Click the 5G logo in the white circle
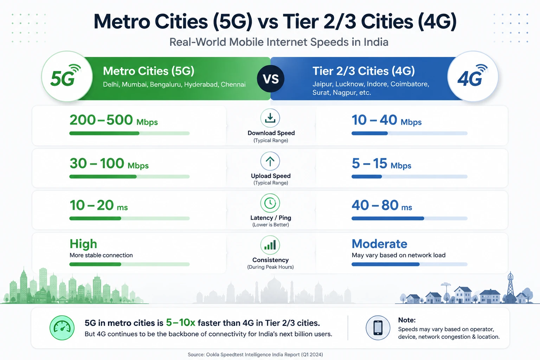pyautogui.click(x=65, y=76)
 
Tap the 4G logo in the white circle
pyautogui.click(x=472, y=76)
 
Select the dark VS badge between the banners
pyautogui.click(x=270, y=79)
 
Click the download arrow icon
pyautogui.click(x=270, y=118)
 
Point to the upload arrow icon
pyautogui.click(x=270, y=161)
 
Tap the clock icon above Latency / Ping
pyautogui.click(x=270, y=203)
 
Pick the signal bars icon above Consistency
pyautogui.click(x=270, y=245)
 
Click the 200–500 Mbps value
pyautogui.click(x=114, y=120)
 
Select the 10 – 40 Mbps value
pyautogui.click(x=386, y=120)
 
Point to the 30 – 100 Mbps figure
pyautogui.click(x=109, y=163)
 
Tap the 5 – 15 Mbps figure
pyautogui.click(x=381, y=163)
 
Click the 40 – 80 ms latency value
pyautogui.click(x=382, y=205)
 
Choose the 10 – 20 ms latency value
pyautogui.click(x=98, y=205)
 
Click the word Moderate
pyautogui.click(x=379, y=244)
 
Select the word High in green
pyautogui.click(x=83, y=244)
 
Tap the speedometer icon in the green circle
pyautogui.click(x=62, y=328)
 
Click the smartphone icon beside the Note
pyautogui.click(x=378, y=328)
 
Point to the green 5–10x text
pyautogui.click(x=181, y=323)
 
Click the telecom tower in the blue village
pyautogui.click(x=510, y=287)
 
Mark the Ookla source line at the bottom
pyautogui.click(x=255, y=354)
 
